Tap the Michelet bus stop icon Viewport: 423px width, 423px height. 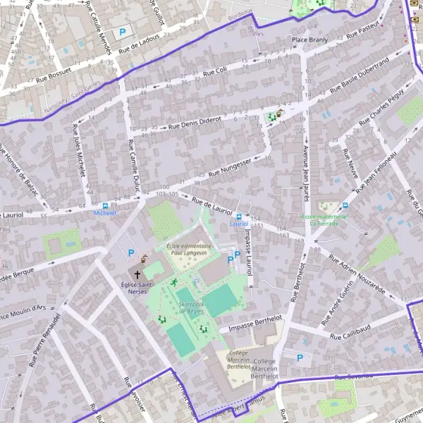coord(105,204)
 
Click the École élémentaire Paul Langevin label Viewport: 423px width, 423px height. coord(189,249)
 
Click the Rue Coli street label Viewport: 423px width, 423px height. coord(214,71)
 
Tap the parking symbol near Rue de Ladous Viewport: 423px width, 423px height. coord(123,32)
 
